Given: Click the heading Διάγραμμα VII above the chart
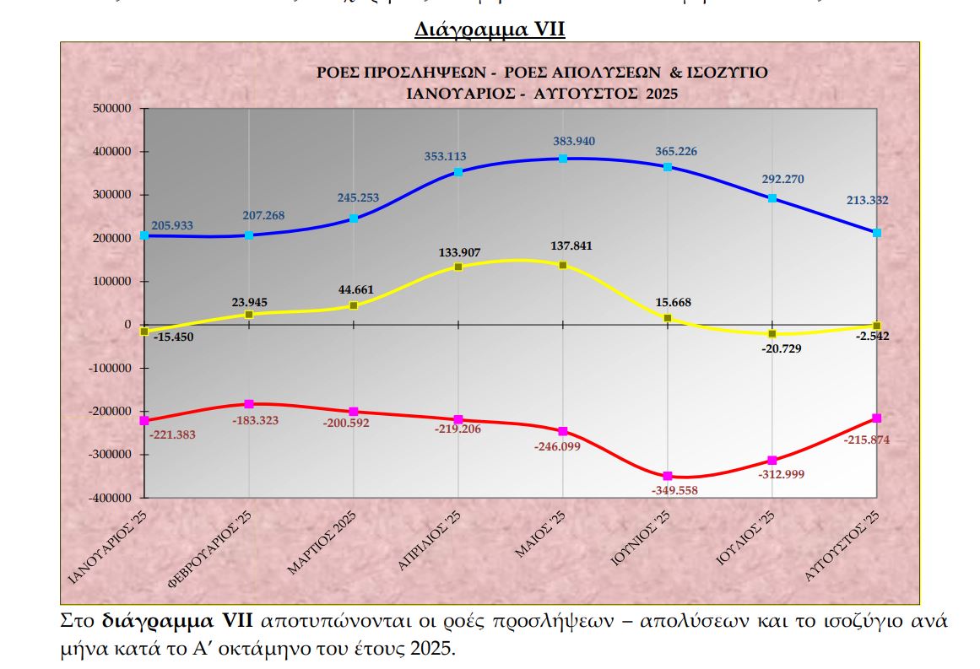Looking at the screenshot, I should [x=490, y=30].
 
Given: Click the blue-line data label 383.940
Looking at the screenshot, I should [x=563, y=140].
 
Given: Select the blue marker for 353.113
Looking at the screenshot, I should [x=458, y=172].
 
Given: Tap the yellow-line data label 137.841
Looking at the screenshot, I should [x=563, y=246].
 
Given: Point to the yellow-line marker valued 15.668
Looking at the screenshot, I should [x=668, y=318].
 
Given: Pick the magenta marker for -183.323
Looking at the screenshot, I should [x=249, y=404].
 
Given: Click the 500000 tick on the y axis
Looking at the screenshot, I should [x=111, y=109].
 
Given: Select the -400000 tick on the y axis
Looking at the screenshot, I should [x=110, y=498].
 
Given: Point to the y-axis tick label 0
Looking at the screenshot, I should [x=127, y=325].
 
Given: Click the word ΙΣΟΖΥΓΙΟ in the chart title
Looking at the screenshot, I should [x=731, y=73].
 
